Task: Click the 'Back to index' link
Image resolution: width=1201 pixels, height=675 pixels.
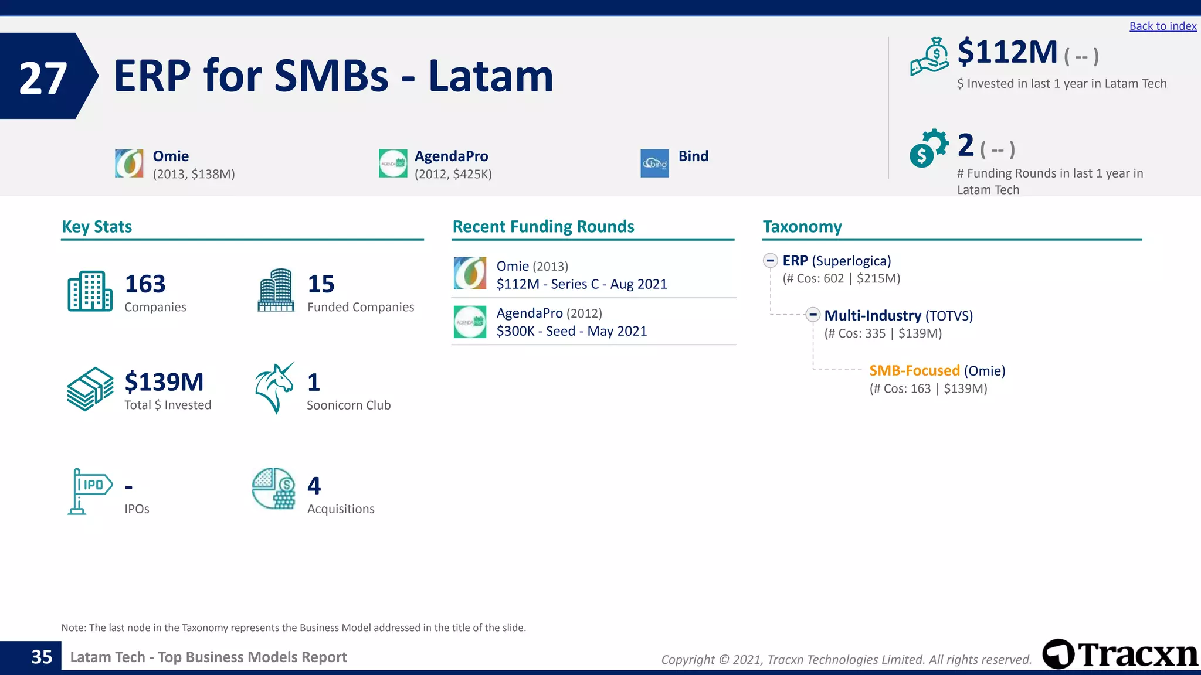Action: coord(1162,26)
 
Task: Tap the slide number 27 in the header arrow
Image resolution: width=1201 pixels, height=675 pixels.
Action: coord(43,78)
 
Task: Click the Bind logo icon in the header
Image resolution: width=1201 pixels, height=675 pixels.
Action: coord(654,163)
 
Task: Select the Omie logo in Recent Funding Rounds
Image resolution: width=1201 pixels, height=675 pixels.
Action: coord(470,273)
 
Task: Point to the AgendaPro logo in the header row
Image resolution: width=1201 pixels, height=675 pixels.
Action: coord(393,163)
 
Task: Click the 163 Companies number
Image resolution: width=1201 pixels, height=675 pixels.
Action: coord(145,284)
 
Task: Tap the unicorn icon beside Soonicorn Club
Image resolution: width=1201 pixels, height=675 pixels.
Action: coord(274,388)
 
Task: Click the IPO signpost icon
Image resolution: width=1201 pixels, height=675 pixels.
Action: coord(89,491)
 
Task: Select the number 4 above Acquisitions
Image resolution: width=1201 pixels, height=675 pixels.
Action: coord(314,486)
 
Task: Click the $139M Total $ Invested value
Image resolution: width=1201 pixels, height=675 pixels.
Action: coord(164,382)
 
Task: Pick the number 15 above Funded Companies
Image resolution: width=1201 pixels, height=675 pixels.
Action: coord(321,284)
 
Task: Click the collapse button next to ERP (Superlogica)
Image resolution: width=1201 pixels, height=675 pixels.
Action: coord(771,260)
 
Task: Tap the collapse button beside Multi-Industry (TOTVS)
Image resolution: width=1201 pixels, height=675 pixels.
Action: coord(812,315)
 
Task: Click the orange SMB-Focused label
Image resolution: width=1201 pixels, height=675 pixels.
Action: coord(914,370)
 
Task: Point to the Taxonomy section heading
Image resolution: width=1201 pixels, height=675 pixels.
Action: coord(802,227)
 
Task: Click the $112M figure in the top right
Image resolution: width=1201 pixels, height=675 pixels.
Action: coord(1007,52)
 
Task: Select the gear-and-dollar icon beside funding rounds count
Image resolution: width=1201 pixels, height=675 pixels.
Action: coord(928,148)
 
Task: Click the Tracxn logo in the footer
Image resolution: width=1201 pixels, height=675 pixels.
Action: coord(1120,654)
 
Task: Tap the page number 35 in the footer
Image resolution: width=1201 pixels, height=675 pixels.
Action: coord(42,657)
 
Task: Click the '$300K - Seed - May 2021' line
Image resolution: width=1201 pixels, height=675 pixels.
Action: coord(571,331)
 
